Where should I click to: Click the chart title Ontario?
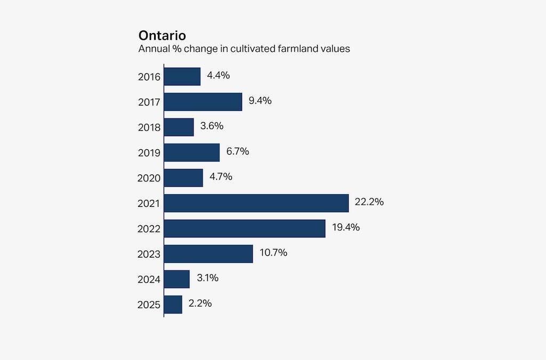click(x=162, y=36)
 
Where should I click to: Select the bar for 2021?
click(x=256, y=203)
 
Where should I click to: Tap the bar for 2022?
click(x=244, y=228)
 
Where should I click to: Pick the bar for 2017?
click(x=203, y=102)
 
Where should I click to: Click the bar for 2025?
click(x=173, y=305)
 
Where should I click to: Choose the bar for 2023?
click(x=208, y=254)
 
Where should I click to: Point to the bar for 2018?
click(x=179, y=127)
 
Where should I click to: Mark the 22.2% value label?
click(x=370, y=202)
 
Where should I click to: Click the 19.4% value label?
click(x=346, y=227)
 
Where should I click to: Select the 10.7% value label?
click(x=273, y=253)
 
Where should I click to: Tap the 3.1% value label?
click(x=207, y=278)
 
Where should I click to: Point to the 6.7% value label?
click(x=237, y=151)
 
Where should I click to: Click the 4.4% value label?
click(x=218, y=75)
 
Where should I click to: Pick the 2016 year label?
click(x=149, y=77)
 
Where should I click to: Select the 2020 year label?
click(x=149, y=178)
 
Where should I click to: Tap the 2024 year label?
click(x=149, y=279)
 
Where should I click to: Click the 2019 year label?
click(x=149, y=153)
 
